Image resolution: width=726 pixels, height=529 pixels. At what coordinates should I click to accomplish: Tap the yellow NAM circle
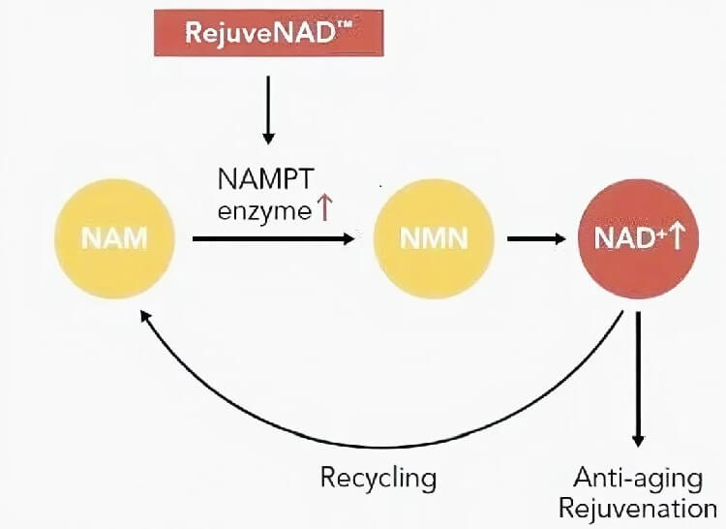(x=116, y=238)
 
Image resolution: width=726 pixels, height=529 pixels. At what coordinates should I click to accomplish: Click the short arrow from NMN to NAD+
(x=537, y=238)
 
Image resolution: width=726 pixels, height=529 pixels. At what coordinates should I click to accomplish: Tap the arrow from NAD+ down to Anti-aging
(x=638, y=378)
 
